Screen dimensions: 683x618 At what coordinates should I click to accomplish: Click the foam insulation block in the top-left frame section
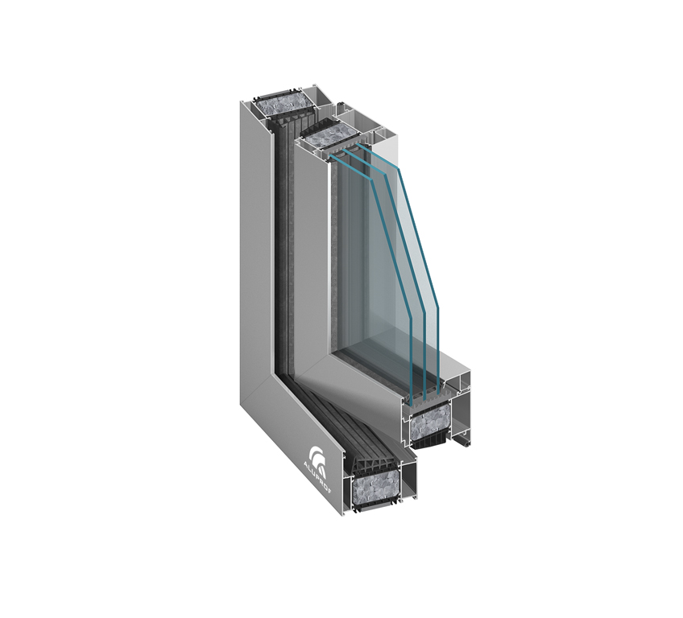[284, 105]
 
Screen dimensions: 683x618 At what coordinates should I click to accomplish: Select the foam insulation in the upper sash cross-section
[329, 136]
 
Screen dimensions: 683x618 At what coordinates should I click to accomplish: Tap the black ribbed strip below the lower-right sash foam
[430, 442]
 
